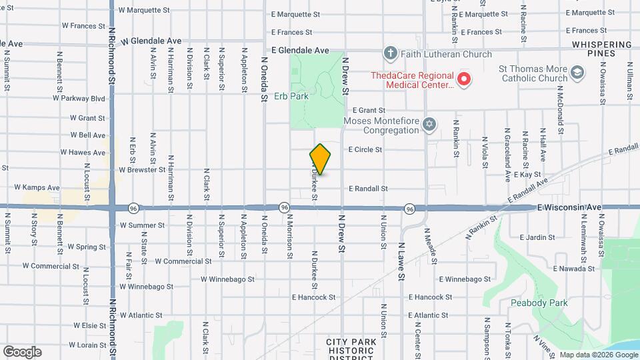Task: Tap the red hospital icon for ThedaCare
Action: pyautogui.click(x=465, y=80)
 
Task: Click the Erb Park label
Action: pyautogui.click(x=291, y=96)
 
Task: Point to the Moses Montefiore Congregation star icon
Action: pyautogui.click(x=430, y=125)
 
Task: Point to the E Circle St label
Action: pyautogui.click(x=365, y=149)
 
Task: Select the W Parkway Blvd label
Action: pyautogui.click(x=79, y=99)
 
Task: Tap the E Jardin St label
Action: pyautogui.click(x=537, y=237)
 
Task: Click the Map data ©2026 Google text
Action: pyautogui.click(x=597, y=355)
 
